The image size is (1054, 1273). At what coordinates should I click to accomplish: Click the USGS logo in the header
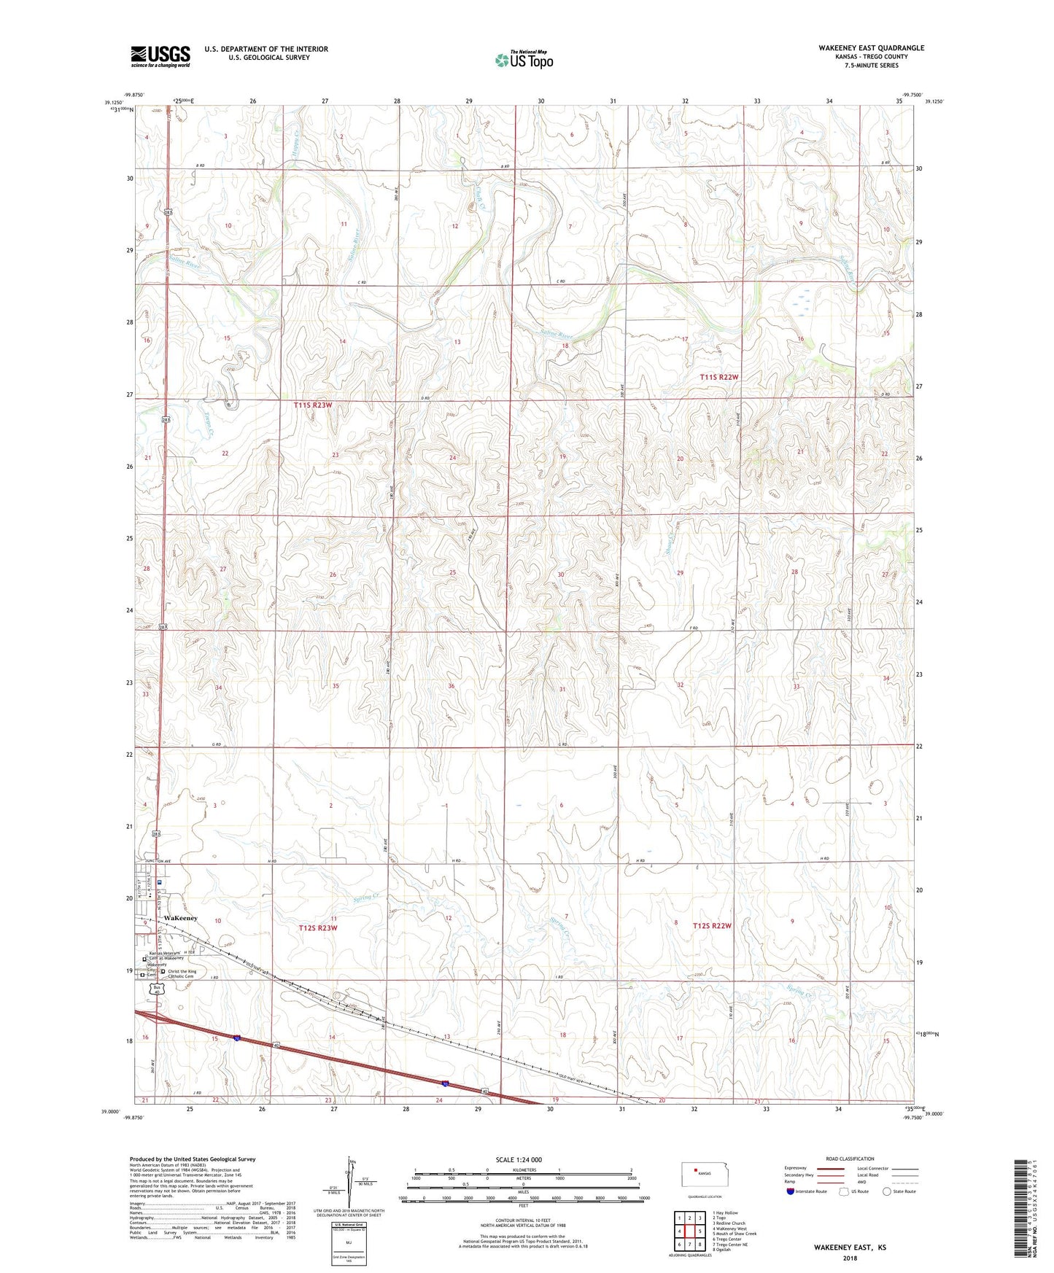click(160, 56)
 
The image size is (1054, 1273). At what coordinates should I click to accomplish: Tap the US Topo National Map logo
click(524, 60)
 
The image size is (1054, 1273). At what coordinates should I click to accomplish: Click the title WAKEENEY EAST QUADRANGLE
click(871, 48)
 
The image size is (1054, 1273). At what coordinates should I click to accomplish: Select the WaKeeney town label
click(181, 918)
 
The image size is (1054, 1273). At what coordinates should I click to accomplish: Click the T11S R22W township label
click(719, 377)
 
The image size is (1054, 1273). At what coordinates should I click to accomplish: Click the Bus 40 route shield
click(158, 989)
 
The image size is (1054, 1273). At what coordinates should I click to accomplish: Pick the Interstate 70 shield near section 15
click(238, 1038)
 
